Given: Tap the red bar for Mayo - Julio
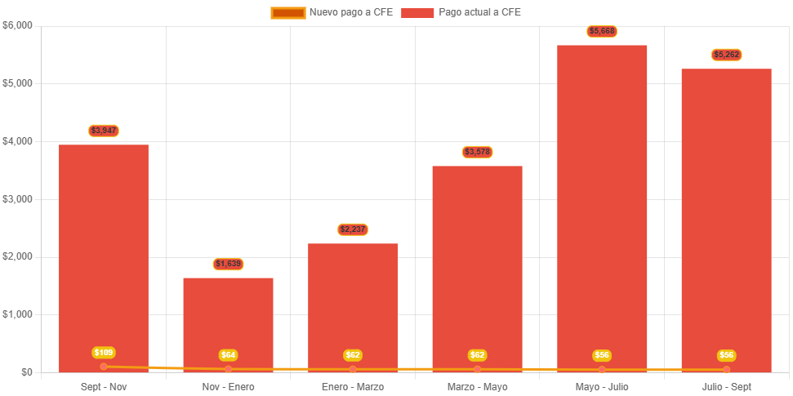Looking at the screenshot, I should point(602,204).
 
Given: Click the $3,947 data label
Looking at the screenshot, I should point(104,131).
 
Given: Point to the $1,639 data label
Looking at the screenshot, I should point(229,264).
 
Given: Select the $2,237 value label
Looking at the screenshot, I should point(353,229).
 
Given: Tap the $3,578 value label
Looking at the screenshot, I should point(478,152).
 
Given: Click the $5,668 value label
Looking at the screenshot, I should point(602,31).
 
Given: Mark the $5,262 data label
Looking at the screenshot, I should point(726,55).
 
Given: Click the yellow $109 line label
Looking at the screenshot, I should point(104,353).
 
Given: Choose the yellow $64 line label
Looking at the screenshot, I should point(229,355).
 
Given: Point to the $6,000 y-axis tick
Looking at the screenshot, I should point(17,25).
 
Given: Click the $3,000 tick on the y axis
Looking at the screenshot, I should point(17,198).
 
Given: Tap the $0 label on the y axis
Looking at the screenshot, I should point(27,372).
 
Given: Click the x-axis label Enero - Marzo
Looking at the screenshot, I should point(353,386).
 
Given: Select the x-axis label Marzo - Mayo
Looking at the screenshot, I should point(478,386).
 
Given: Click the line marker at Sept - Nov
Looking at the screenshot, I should point(104,367).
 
